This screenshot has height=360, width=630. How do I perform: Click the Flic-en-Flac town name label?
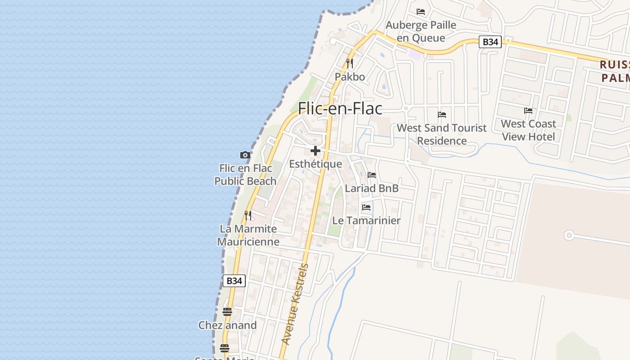point(340,108)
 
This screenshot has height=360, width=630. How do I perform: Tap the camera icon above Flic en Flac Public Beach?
point(245,155)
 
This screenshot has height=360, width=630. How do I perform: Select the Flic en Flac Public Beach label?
point(245,175)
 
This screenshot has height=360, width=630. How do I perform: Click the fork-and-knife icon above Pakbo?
point(350,63)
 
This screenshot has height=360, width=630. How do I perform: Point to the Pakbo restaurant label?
point(350,77)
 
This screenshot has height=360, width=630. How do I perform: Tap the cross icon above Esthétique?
point(315,151)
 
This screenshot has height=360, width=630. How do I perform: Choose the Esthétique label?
point(315,164)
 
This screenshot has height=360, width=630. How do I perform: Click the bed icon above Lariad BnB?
point(371,175)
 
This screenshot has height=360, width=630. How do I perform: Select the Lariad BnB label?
point(372,188)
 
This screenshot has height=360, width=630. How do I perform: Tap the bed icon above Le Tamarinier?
point(366,207)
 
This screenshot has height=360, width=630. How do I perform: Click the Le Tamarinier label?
point(366,220)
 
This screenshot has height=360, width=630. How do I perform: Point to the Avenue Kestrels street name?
point(295,304)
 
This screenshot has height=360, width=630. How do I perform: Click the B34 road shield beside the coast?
point(234,281)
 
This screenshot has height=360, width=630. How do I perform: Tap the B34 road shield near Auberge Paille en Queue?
point(490,42)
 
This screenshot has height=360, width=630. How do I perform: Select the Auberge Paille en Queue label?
point(421,31)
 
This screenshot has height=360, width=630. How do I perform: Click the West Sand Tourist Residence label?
point(441,134)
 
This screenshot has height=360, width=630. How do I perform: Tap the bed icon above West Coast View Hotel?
point(528,111)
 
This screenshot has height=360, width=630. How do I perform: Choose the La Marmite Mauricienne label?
point(248,235)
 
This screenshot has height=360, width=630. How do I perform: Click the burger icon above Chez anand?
point(227,312)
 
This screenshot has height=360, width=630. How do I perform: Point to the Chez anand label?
point(228,325)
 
